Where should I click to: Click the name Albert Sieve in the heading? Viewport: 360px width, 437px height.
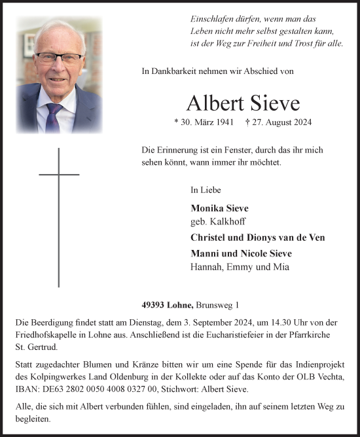pos(242,103)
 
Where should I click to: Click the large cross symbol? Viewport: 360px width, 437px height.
pos(59,196)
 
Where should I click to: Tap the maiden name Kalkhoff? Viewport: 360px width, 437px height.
pos(228,222)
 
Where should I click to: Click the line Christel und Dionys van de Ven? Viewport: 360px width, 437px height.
pos(257,237)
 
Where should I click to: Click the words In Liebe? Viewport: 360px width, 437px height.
pos(206,190)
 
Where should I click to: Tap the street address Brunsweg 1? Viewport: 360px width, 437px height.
pos(215,305)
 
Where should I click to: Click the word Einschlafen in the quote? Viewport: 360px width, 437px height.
pos(212,20)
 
